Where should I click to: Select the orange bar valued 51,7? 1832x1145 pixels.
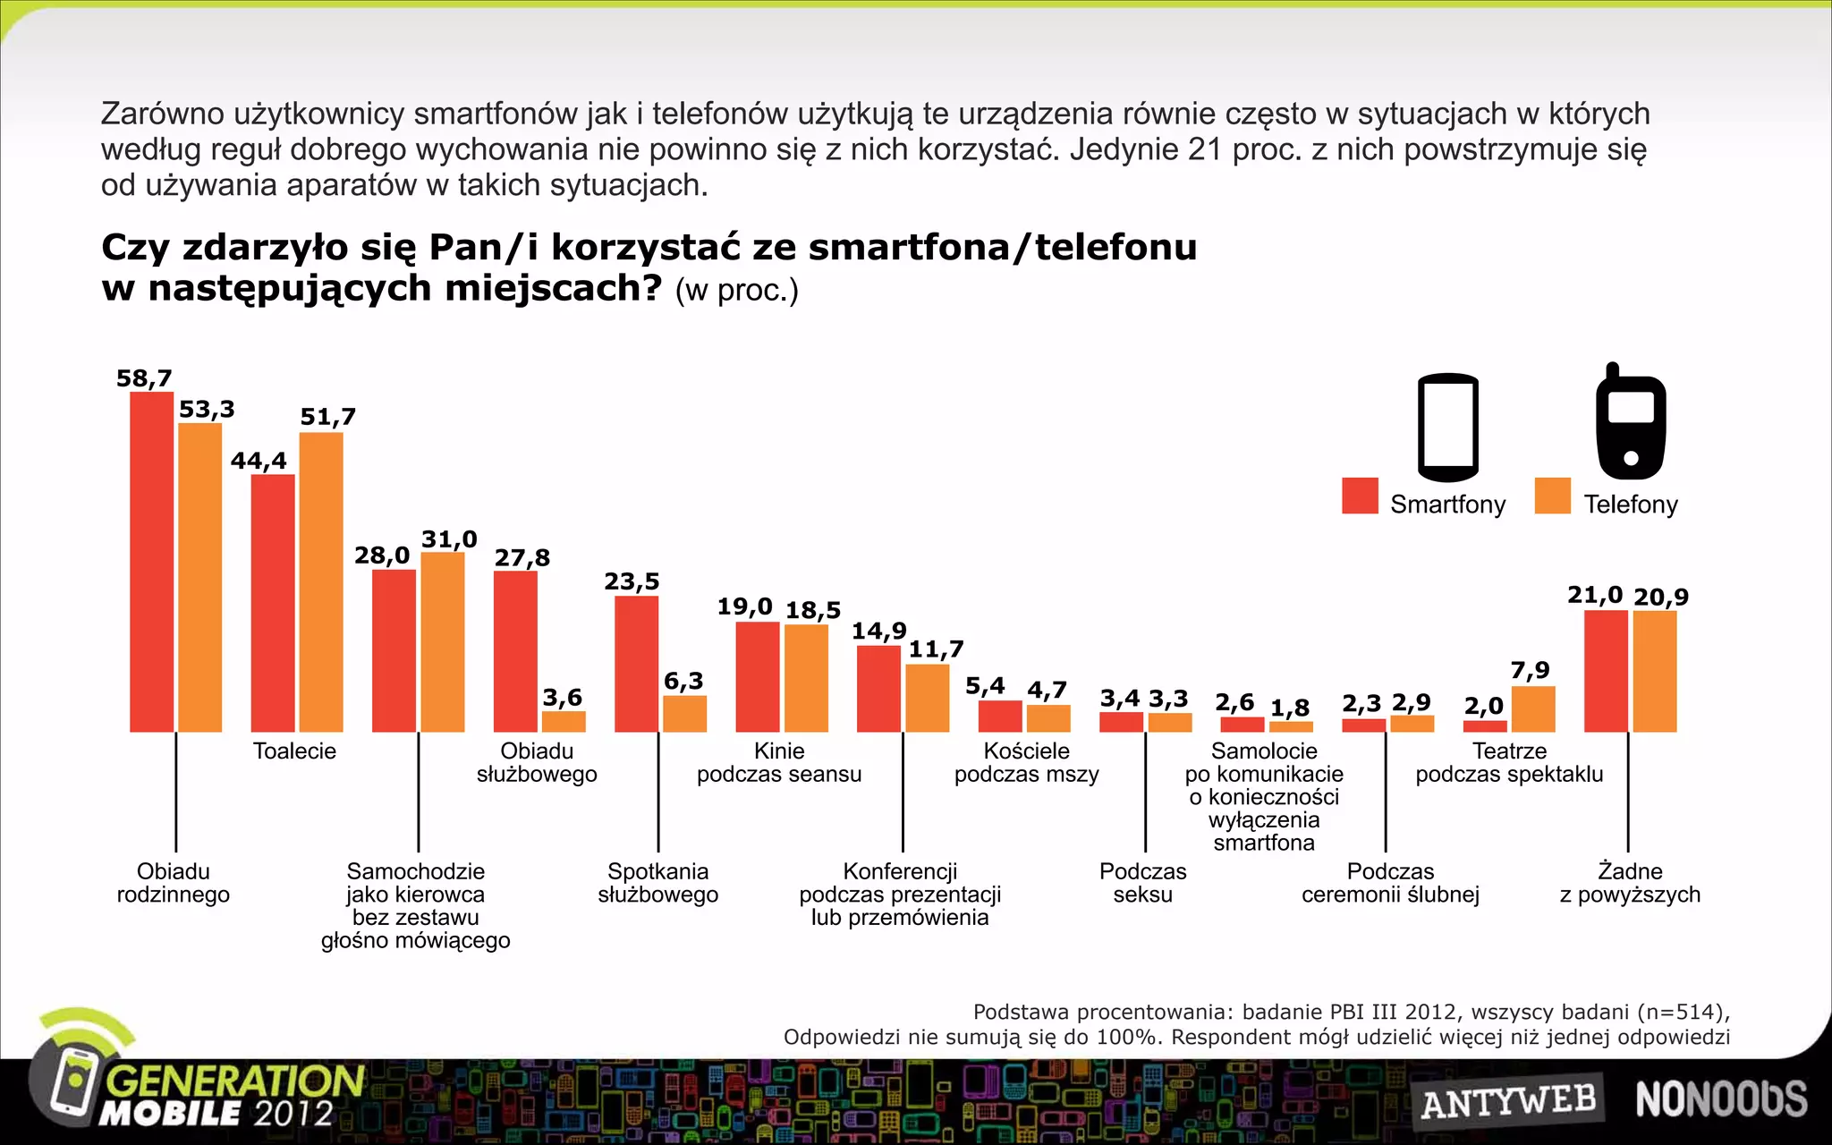point(321,581)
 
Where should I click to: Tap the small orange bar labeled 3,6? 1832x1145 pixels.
point(564,721)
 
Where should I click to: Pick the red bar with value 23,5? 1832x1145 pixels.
point(636,664)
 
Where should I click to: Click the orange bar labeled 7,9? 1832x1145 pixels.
point(1533,708)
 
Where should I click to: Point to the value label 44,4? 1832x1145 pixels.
point(259,461)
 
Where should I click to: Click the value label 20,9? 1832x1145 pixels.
point(1660,597)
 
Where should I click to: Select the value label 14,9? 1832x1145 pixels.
point(878,631)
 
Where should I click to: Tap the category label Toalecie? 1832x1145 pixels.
point(294,751)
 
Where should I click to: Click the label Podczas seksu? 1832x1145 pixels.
point(1142,883)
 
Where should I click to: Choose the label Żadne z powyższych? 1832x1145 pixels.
point(1630,883)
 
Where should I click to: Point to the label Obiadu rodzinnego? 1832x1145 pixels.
point(173,883)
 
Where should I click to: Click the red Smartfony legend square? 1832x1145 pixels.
point(1360,496)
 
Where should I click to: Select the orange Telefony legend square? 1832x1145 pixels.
point(1552,496)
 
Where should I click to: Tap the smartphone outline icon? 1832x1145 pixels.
point(1447,428)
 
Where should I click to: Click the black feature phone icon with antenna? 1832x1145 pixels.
point(1631,422)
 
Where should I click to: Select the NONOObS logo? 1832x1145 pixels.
point(1721,1099)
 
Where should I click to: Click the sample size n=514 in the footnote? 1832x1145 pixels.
point(1683,1012)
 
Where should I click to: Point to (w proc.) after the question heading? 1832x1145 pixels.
point(736,291)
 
